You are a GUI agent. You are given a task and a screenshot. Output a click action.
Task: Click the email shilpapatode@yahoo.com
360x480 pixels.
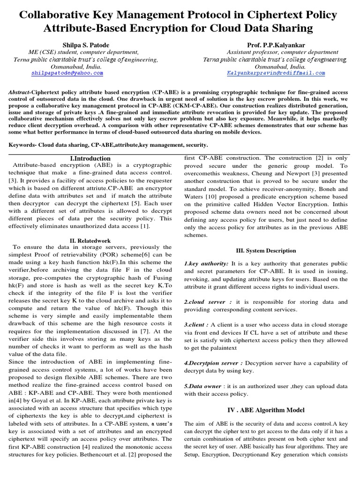point(67,74)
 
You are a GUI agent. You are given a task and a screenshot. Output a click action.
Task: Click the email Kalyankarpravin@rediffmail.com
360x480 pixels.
point(276,74)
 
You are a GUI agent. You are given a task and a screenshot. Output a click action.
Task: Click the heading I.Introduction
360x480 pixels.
point(88,158)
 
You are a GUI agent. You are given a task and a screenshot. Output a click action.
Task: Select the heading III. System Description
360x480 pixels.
point(265,251)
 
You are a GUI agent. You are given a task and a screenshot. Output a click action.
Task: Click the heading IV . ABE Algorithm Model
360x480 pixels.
point(265,410)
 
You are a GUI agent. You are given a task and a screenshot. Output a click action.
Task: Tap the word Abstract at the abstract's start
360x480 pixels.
point(19,93)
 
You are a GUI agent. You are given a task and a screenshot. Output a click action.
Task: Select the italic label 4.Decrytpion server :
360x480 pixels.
point(213,363)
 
